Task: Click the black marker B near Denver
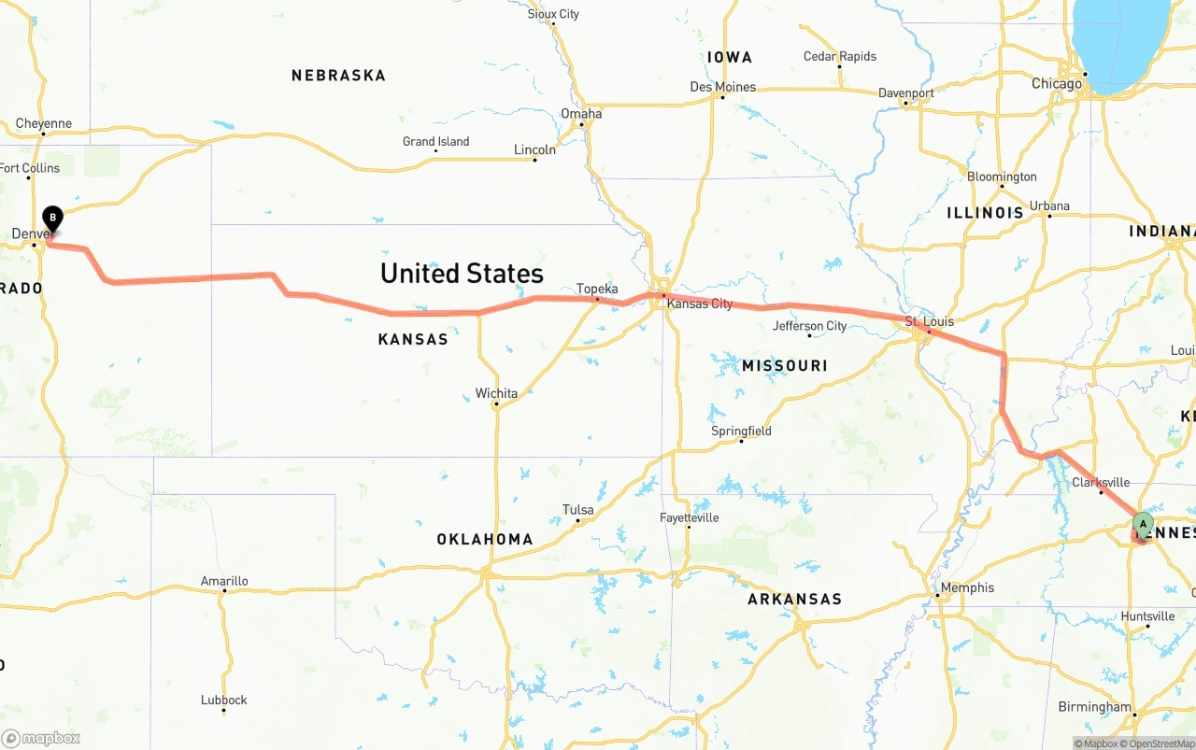(x=52, y=219)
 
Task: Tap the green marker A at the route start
(x=1143, y=523)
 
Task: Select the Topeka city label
(x=597, y=289)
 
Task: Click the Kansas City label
(x=700, y=304)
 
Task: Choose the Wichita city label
(x=496, y=393)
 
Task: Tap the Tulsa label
(x=577, y=509)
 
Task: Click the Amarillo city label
(x=224, y=581)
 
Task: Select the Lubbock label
(x=224, y=700)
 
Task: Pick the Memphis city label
(x=967, y=587)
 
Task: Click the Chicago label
(x=1056, y=84)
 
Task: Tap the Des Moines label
(x=722, y=87)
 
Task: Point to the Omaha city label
(x=581, y=114)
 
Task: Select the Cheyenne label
(x=43, y=123)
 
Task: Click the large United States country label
(x=462, y=273)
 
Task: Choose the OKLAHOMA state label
(x=484, y=539)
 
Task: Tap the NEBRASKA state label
(x=338, y=76)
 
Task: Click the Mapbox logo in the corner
(x=41, y=739)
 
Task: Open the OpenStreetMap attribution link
(x=1160, y=743)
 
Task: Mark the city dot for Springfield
(x=742, y=441)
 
